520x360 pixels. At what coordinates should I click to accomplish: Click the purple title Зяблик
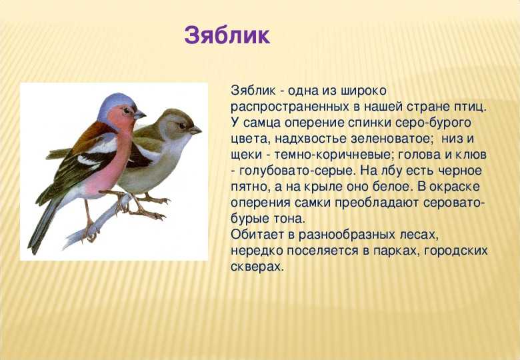point(227,35)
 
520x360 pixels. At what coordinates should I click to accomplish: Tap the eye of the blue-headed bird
point(127,111)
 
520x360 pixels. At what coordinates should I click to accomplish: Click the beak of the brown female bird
point(195,130)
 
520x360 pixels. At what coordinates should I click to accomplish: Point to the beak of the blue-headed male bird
point(139,115)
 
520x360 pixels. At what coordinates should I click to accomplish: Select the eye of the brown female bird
point(182,125)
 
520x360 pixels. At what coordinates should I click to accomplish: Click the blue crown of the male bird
point(117,101)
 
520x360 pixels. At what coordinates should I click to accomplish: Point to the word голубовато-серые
point(297,171)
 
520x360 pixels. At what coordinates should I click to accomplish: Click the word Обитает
point(258,235)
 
